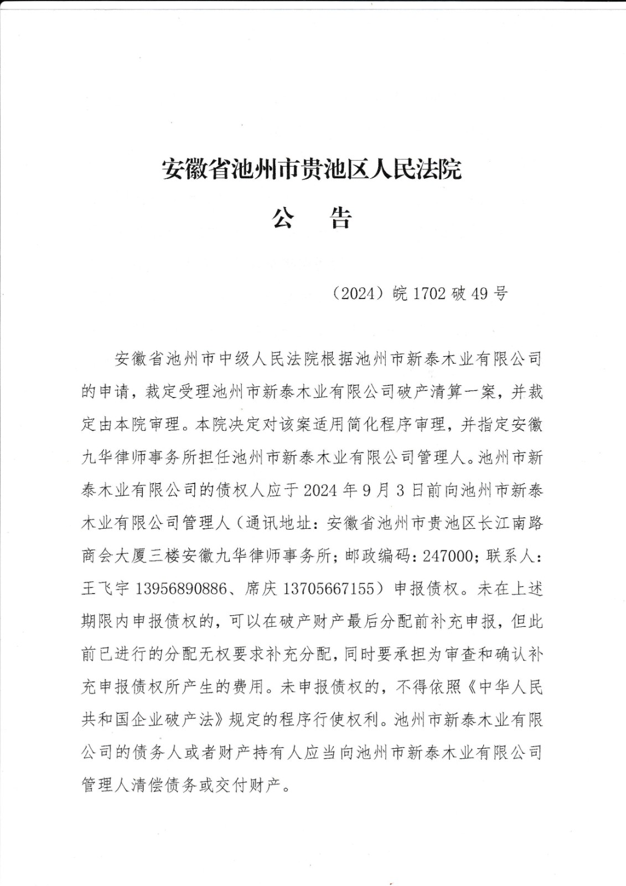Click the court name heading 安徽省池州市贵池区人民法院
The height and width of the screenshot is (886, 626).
click(x=312, y=169)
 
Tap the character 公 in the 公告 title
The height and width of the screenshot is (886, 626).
click(x=282, y=218)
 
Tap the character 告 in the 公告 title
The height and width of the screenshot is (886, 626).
click(x=341, y=218)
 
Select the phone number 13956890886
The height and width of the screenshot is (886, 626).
click(x=180, y=588)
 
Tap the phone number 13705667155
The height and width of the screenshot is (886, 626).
click(x=328, y=588)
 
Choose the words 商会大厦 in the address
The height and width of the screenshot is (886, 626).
click(x=114, y=555)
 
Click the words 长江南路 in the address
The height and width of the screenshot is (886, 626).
click(x=510, y=523)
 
